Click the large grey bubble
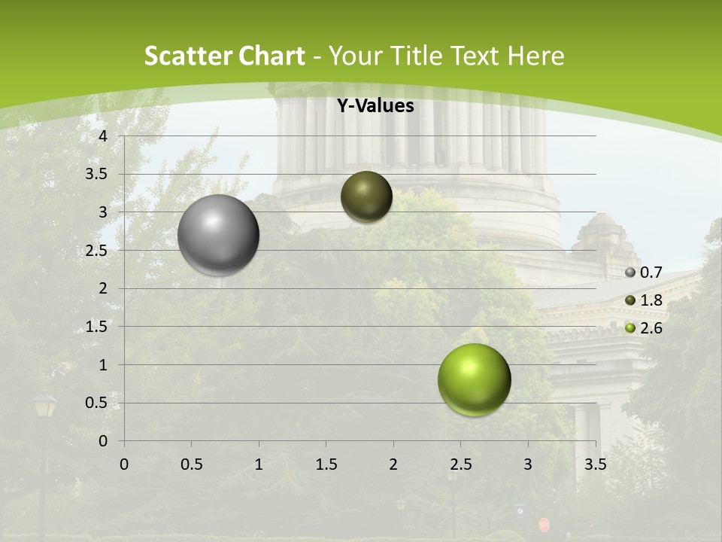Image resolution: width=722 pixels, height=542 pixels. pyautogui.click(x=219, y=235)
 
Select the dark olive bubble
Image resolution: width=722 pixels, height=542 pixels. pyautogui.click(x=366, y=196)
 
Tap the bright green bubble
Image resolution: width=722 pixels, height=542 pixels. pyautogui.click(x=474, y=379)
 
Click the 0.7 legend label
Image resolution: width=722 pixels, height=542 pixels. pyautogui.click(x=651, y=273)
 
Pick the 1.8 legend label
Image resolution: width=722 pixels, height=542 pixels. pyautogui.click(x=651, y=300)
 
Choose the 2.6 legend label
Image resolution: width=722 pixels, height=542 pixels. pyautogui.click(x=651, y=328)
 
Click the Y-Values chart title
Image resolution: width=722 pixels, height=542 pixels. pyautogui.click(x=375, y=106)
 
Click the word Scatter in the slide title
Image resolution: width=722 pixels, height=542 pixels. pyautogui.click(x=187, y=56)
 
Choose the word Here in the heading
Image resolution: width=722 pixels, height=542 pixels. pyautogui.click(x=535, y=56)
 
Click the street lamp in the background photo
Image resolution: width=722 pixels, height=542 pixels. pyautogui.click(x=44, y=407)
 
